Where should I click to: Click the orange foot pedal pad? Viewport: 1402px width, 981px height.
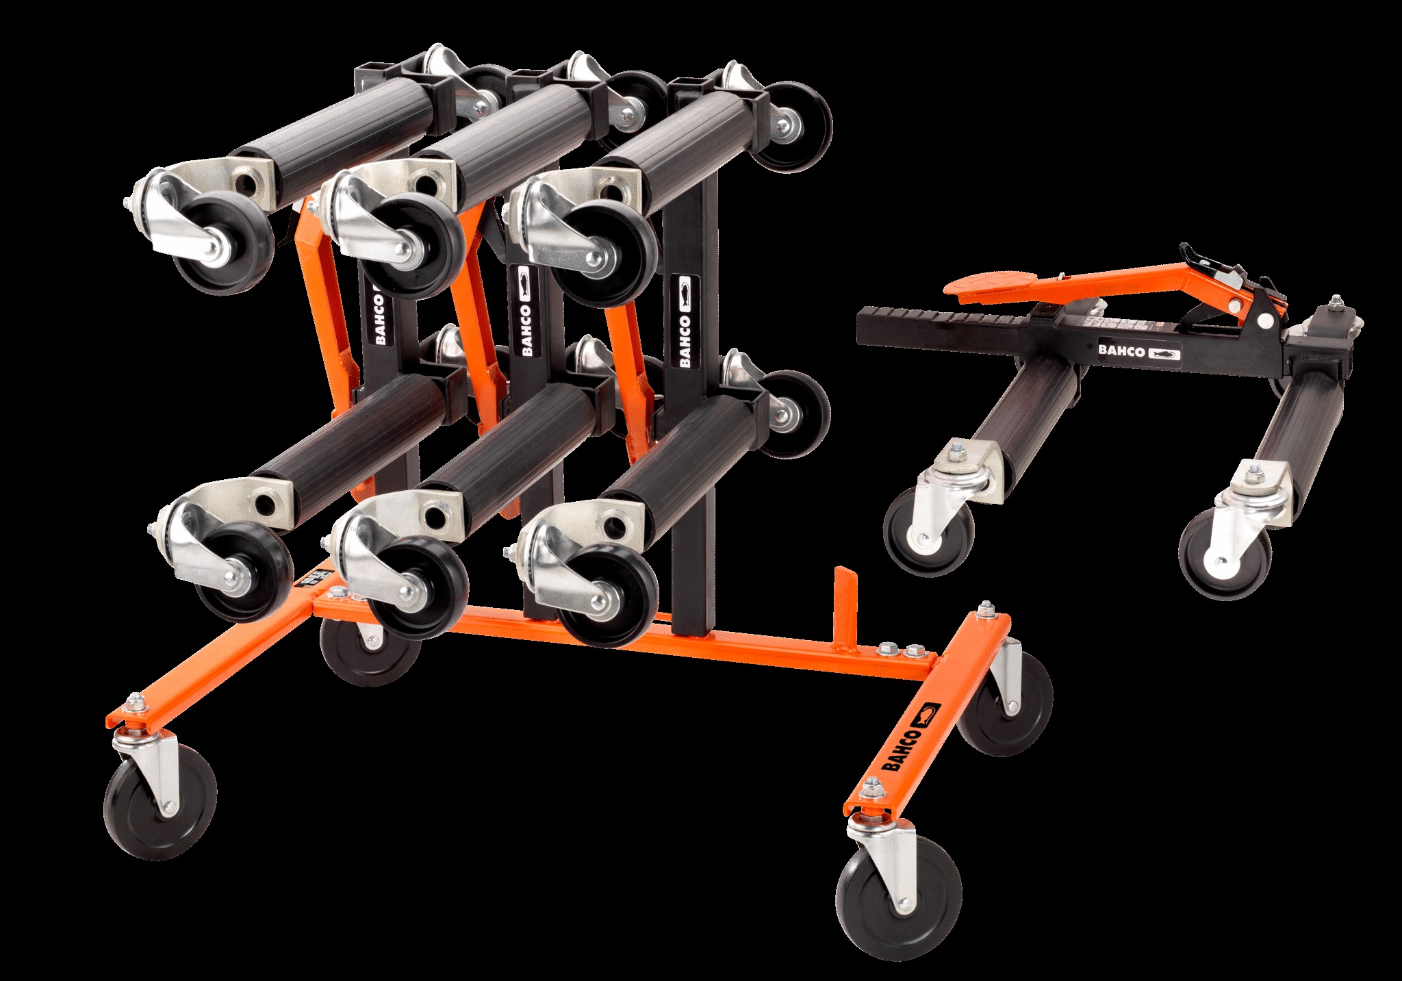pyautogui.click(x=985, y=287)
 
